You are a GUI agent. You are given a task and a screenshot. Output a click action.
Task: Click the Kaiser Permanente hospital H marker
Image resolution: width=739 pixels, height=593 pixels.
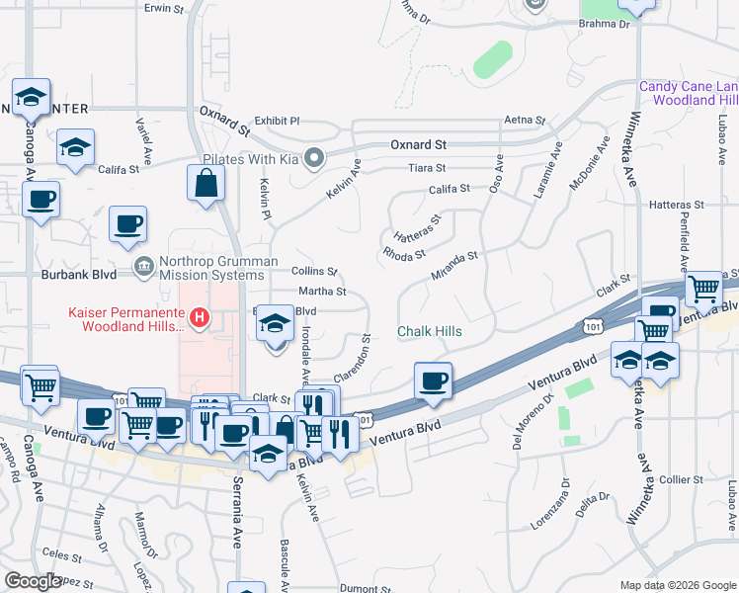click(200, 318)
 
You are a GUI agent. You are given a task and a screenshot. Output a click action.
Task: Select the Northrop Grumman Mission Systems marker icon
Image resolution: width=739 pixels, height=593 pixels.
click(144, 264)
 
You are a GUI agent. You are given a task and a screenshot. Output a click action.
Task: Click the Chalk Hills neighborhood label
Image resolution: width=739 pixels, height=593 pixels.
click(429, 331)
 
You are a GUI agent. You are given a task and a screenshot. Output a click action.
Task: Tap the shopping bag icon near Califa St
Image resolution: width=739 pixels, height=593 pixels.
click(205, 184)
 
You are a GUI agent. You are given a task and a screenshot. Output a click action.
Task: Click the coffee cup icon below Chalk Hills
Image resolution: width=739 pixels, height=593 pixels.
click(433, 381)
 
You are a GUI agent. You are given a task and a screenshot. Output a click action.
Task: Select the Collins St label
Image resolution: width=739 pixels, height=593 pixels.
click(314, 271)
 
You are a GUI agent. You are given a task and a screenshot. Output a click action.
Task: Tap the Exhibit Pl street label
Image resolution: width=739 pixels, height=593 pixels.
click(276, 121)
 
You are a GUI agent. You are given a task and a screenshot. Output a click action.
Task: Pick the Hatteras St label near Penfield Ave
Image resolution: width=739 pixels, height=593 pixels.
click(676, 205)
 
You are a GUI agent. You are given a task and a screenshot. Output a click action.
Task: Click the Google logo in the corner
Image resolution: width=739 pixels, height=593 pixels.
click(32, 581)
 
